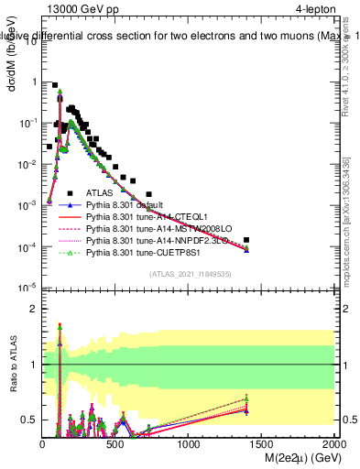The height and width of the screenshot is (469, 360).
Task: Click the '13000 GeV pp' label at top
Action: coord(80,10)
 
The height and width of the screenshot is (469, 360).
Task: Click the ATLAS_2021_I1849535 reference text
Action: coord(189,274)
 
